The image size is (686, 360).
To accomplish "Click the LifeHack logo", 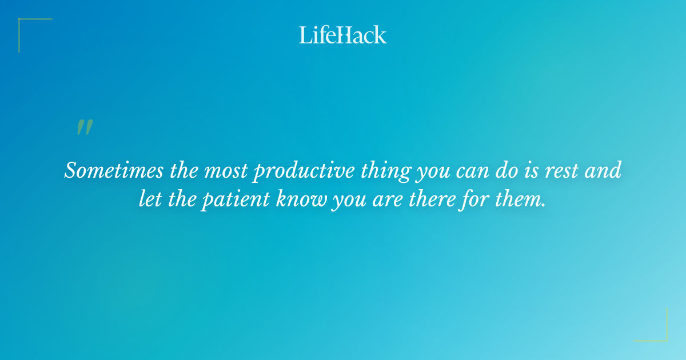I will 343,35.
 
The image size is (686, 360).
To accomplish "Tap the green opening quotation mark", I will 85,127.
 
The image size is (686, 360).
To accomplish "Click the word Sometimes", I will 105,171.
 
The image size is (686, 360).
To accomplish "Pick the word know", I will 300,200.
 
